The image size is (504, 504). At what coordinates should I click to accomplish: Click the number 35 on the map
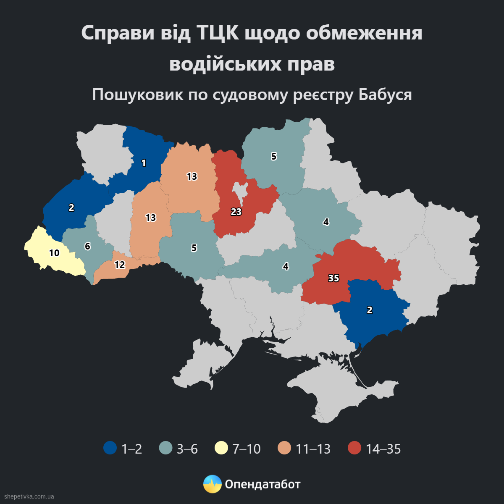tap(333, 278)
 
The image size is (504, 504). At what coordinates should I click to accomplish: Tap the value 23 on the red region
tap(236, 212)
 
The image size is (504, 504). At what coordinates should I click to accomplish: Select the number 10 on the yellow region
tap(54, 253)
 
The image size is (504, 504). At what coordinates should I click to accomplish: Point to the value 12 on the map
tap(120, 265)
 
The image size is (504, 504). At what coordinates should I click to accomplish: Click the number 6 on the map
tap(87, 246)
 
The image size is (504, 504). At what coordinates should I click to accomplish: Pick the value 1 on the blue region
tap(144, 163)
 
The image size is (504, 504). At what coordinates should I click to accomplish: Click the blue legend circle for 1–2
tap(110, 448)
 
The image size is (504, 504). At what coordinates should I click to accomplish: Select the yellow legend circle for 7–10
tap(221, 448)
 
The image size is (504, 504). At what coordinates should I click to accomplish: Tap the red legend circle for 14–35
tap(354, 448)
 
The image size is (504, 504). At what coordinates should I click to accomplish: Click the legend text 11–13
tap(313, 449)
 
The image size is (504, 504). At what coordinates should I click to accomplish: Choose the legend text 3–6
tap(187, 449)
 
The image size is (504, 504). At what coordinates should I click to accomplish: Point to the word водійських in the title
tap(227, 64)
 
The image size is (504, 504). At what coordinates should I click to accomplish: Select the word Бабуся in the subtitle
tap(385, 95)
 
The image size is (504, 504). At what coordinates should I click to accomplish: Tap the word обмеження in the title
tap(364, 34)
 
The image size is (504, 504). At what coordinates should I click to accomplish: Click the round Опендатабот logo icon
tap(212, 484)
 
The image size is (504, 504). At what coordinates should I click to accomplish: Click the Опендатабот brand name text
tap(262, 484)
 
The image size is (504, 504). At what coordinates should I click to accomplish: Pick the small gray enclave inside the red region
tap(241, 191)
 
